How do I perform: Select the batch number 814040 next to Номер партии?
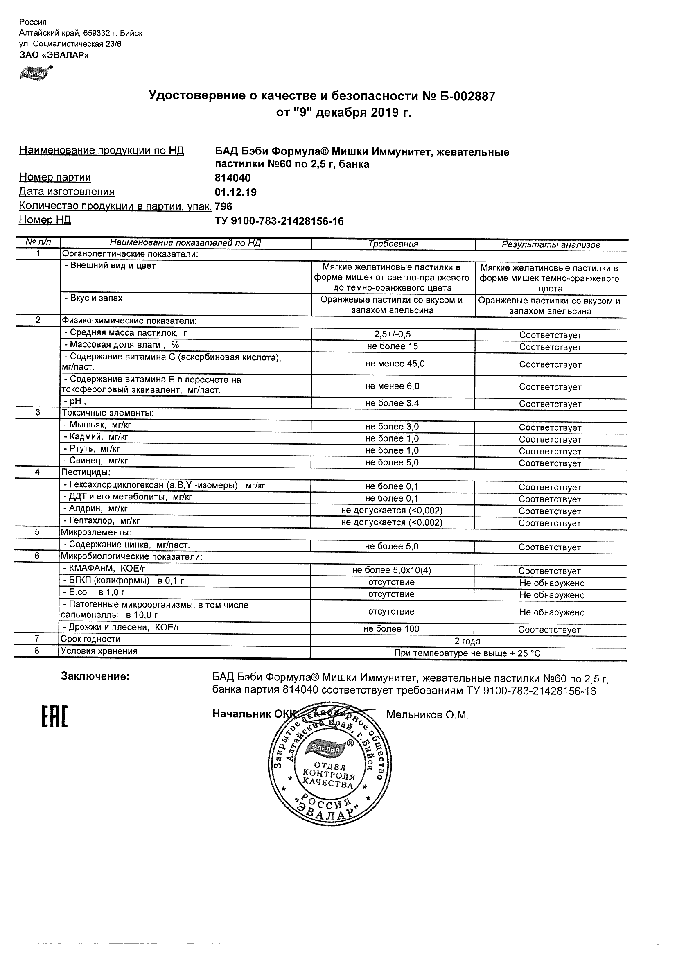click(x=232, y=178)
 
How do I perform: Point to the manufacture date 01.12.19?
click(x=235, y=192)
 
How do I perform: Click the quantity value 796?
click(x=223, y=206)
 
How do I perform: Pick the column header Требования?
click(x=393, y=244)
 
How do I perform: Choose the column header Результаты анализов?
click(x=551, y=245)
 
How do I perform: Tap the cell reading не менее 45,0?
click(x=395, y=364)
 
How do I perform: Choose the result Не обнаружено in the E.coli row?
click(x=552, y=595)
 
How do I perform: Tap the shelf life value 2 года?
click(x=467, y=641)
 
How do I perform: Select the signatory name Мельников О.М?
click(x=427, y=715)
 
